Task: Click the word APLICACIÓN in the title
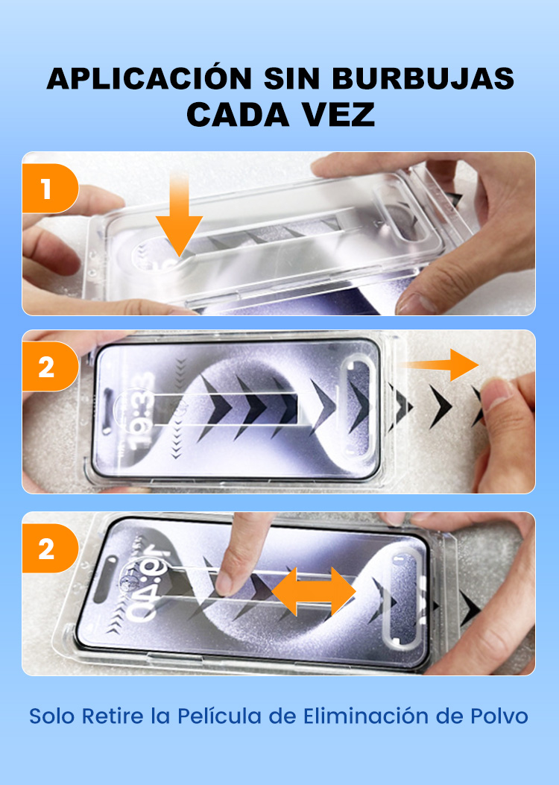(x=149, y=78)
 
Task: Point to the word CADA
(x=238, y=114)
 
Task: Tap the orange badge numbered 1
(x=50, y=189)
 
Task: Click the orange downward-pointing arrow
(x=179, y=214)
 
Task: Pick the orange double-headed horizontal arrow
(x=314, y=591)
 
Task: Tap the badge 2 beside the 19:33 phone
(x=50, y=367)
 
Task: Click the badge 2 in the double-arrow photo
(x=50, y=548)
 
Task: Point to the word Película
(x=220, y=716)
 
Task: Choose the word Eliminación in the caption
(x=366, y=716)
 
